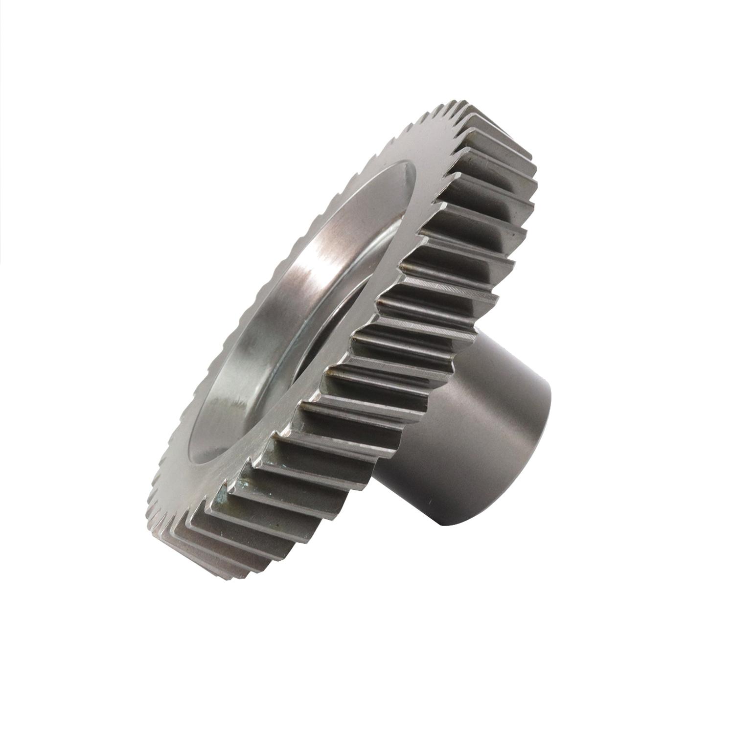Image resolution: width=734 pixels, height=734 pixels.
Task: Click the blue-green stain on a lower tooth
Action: click(243, 484)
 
